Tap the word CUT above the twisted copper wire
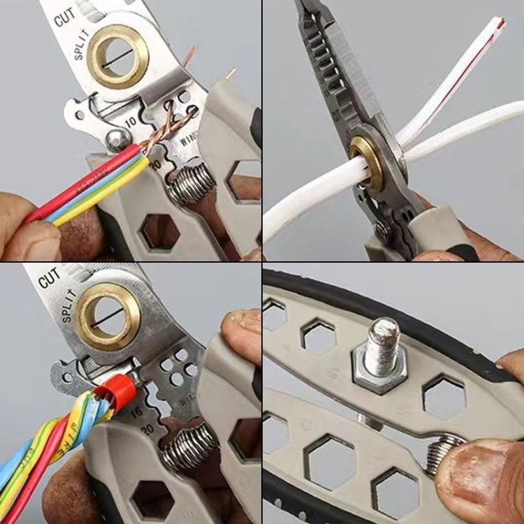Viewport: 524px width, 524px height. [x=65, y=17]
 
